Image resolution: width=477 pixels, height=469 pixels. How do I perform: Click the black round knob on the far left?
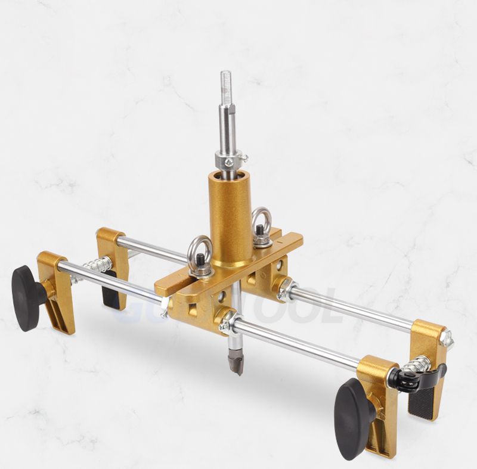tap(27, 297)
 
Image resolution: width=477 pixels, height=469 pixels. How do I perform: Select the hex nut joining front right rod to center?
tap(227, 322)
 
